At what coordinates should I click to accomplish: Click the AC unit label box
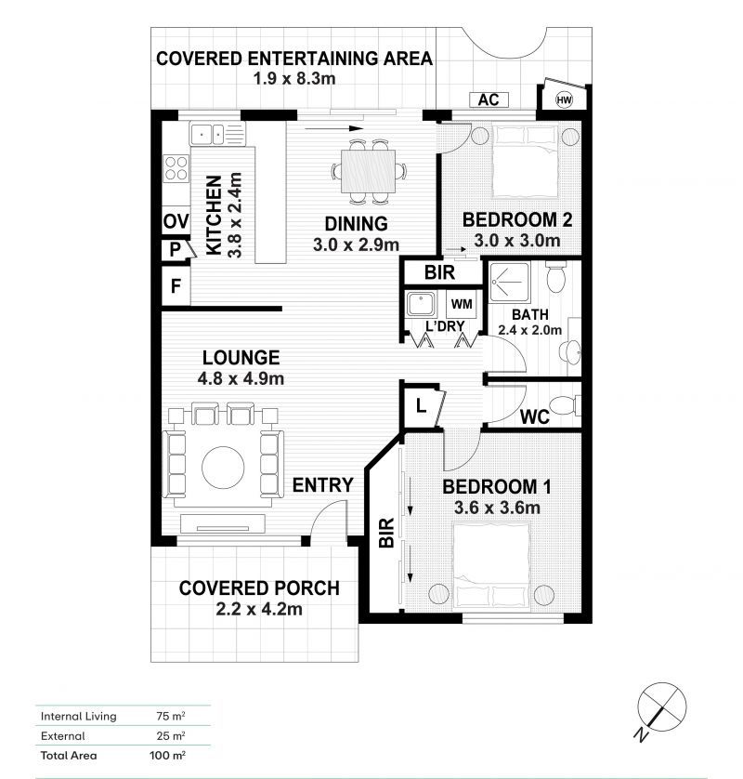click(x=489, y=99)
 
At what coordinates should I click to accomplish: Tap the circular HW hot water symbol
click(x=564, y=99)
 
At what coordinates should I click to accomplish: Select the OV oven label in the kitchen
click(x=176, y=221)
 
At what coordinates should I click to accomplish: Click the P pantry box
click(x=176, y=249)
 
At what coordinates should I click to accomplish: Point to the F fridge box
click(x=176, y=286)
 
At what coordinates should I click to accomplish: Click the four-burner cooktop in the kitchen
click(x=176, y=168)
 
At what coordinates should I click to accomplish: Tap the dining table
click(x=369, y=171)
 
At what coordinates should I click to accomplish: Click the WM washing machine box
click(x=462, y=304)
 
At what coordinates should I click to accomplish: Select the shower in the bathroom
click(x=510, y=283)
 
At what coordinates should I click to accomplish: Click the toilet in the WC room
click(x=566, y=405)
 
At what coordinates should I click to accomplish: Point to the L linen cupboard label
click(x=421, y=406)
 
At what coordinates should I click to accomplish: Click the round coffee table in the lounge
click(x=223, y=468)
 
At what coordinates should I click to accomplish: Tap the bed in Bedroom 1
click(x=491, y=566)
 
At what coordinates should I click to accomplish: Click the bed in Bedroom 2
click(x=525, y=162)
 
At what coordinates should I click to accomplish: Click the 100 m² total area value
click(x=167, y=756)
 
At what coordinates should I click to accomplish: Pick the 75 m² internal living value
click(x=171, y=716)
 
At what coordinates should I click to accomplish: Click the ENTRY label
click(x=322, y=485)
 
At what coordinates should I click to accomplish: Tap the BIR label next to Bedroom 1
click(x=386, y=533)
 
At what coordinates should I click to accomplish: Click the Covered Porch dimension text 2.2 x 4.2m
click(x=259, y=609)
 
